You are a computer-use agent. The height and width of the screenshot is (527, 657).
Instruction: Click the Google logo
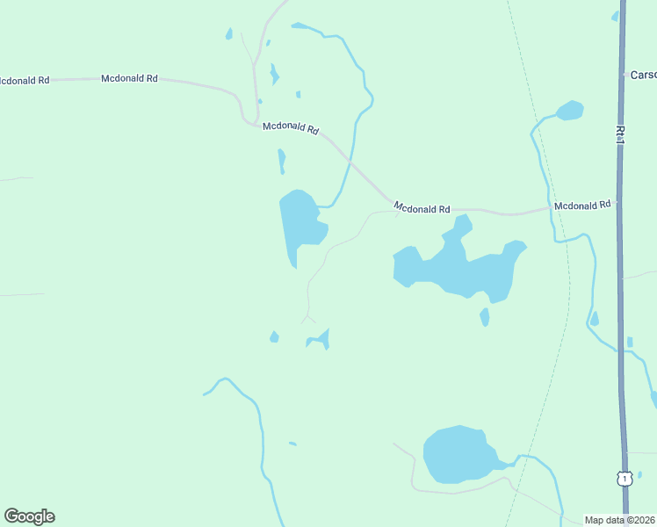point(29,516)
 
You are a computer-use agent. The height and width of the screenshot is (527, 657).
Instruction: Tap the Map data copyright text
point(620,520)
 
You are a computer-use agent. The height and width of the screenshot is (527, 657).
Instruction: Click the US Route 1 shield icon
point(624,479)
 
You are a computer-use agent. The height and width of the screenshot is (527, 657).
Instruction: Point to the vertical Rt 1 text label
point(620,136)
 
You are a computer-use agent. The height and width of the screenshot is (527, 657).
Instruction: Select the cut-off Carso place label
point(643,76)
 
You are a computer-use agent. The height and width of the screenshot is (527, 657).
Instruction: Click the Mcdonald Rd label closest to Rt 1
point(582,205)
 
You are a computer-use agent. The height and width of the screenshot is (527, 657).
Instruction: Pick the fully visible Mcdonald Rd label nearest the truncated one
point(129,78)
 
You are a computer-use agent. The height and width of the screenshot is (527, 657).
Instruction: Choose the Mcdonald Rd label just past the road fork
point(290,127)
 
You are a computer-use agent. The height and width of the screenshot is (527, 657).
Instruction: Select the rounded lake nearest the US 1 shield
point(456,454)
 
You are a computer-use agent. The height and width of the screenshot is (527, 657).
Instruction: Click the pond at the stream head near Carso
point(570,110)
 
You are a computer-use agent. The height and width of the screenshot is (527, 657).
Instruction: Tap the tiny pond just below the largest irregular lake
point(484,316)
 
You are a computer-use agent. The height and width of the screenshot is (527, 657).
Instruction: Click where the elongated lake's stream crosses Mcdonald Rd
point(351,162)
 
